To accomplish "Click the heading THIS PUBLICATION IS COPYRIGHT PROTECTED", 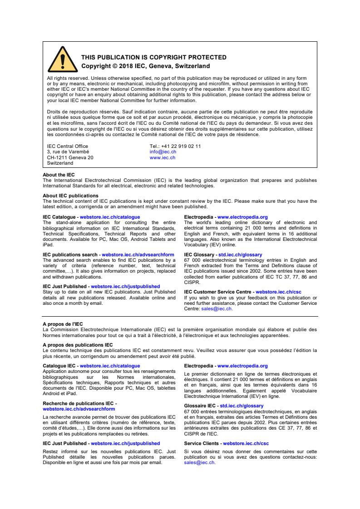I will [x=153, y=57].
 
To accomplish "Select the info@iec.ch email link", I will [x=160, y=152].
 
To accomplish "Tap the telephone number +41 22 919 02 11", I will [x=175, y=146].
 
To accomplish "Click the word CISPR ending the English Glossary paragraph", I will [x=191, y=280].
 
